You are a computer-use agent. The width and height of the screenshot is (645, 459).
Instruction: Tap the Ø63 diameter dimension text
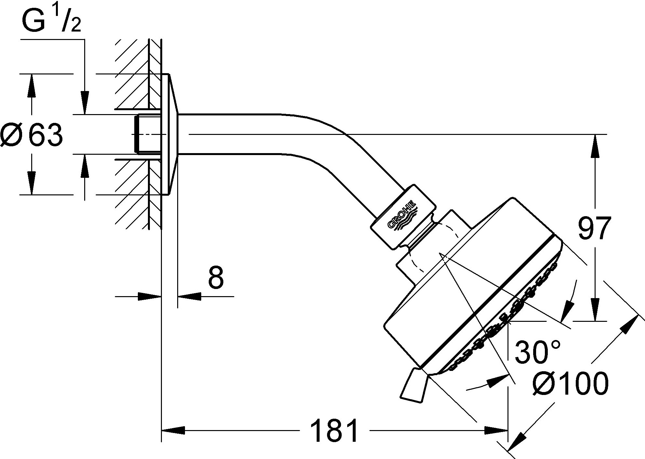32,134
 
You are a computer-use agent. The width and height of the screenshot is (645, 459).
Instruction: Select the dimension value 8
216,278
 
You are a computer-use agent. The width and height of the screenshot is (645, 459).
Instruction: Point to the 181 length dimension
334,431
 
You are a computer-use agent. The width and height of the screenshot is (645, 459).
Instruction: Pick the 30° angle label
538,352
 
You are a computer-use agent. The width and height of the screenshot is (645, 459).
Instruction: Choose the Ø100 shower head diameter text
570,384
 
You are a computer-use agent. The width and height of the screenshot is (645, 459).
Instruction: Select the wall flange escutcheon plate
169,134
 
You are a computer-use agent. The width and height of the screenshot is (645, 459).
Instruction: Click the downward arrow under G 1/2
85,102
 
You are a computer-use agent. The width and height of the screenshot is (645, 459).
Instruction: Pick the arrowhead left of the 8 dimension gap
150,296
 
